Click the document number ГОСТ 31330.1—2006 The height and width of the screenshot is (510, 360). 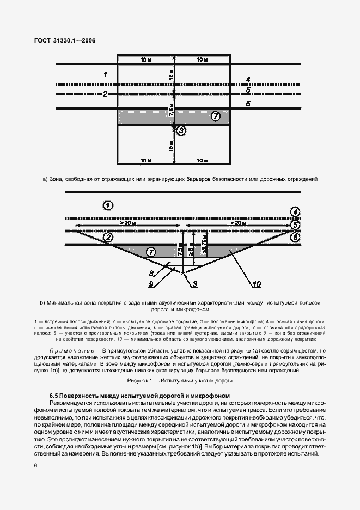point(65,40)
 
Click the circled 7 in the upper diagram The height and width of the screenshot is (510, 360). point(215,116)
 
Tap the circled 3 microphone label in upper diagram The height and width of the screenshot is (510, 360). point(181,130)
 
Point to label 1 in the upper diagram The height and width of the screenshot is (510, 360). point(105,74)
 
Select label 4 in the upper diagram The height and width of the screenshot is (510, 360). point(248,80)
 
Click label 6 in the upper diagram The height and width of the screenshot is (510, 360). point(248,103)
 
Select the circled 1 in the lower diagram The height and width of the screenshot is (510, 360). point(108,205)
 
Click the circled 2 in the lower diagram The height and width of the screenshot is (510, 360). point(108,238)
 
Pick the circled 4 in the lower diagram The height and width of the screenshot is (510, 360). point(295,211)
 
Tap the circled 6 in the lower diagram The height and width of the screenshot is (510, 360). point(295,238)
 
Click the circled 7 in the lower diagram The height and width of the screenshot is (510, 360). point(151,251)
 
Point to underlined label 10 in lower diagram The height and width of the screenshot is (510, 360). point(257,283)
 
